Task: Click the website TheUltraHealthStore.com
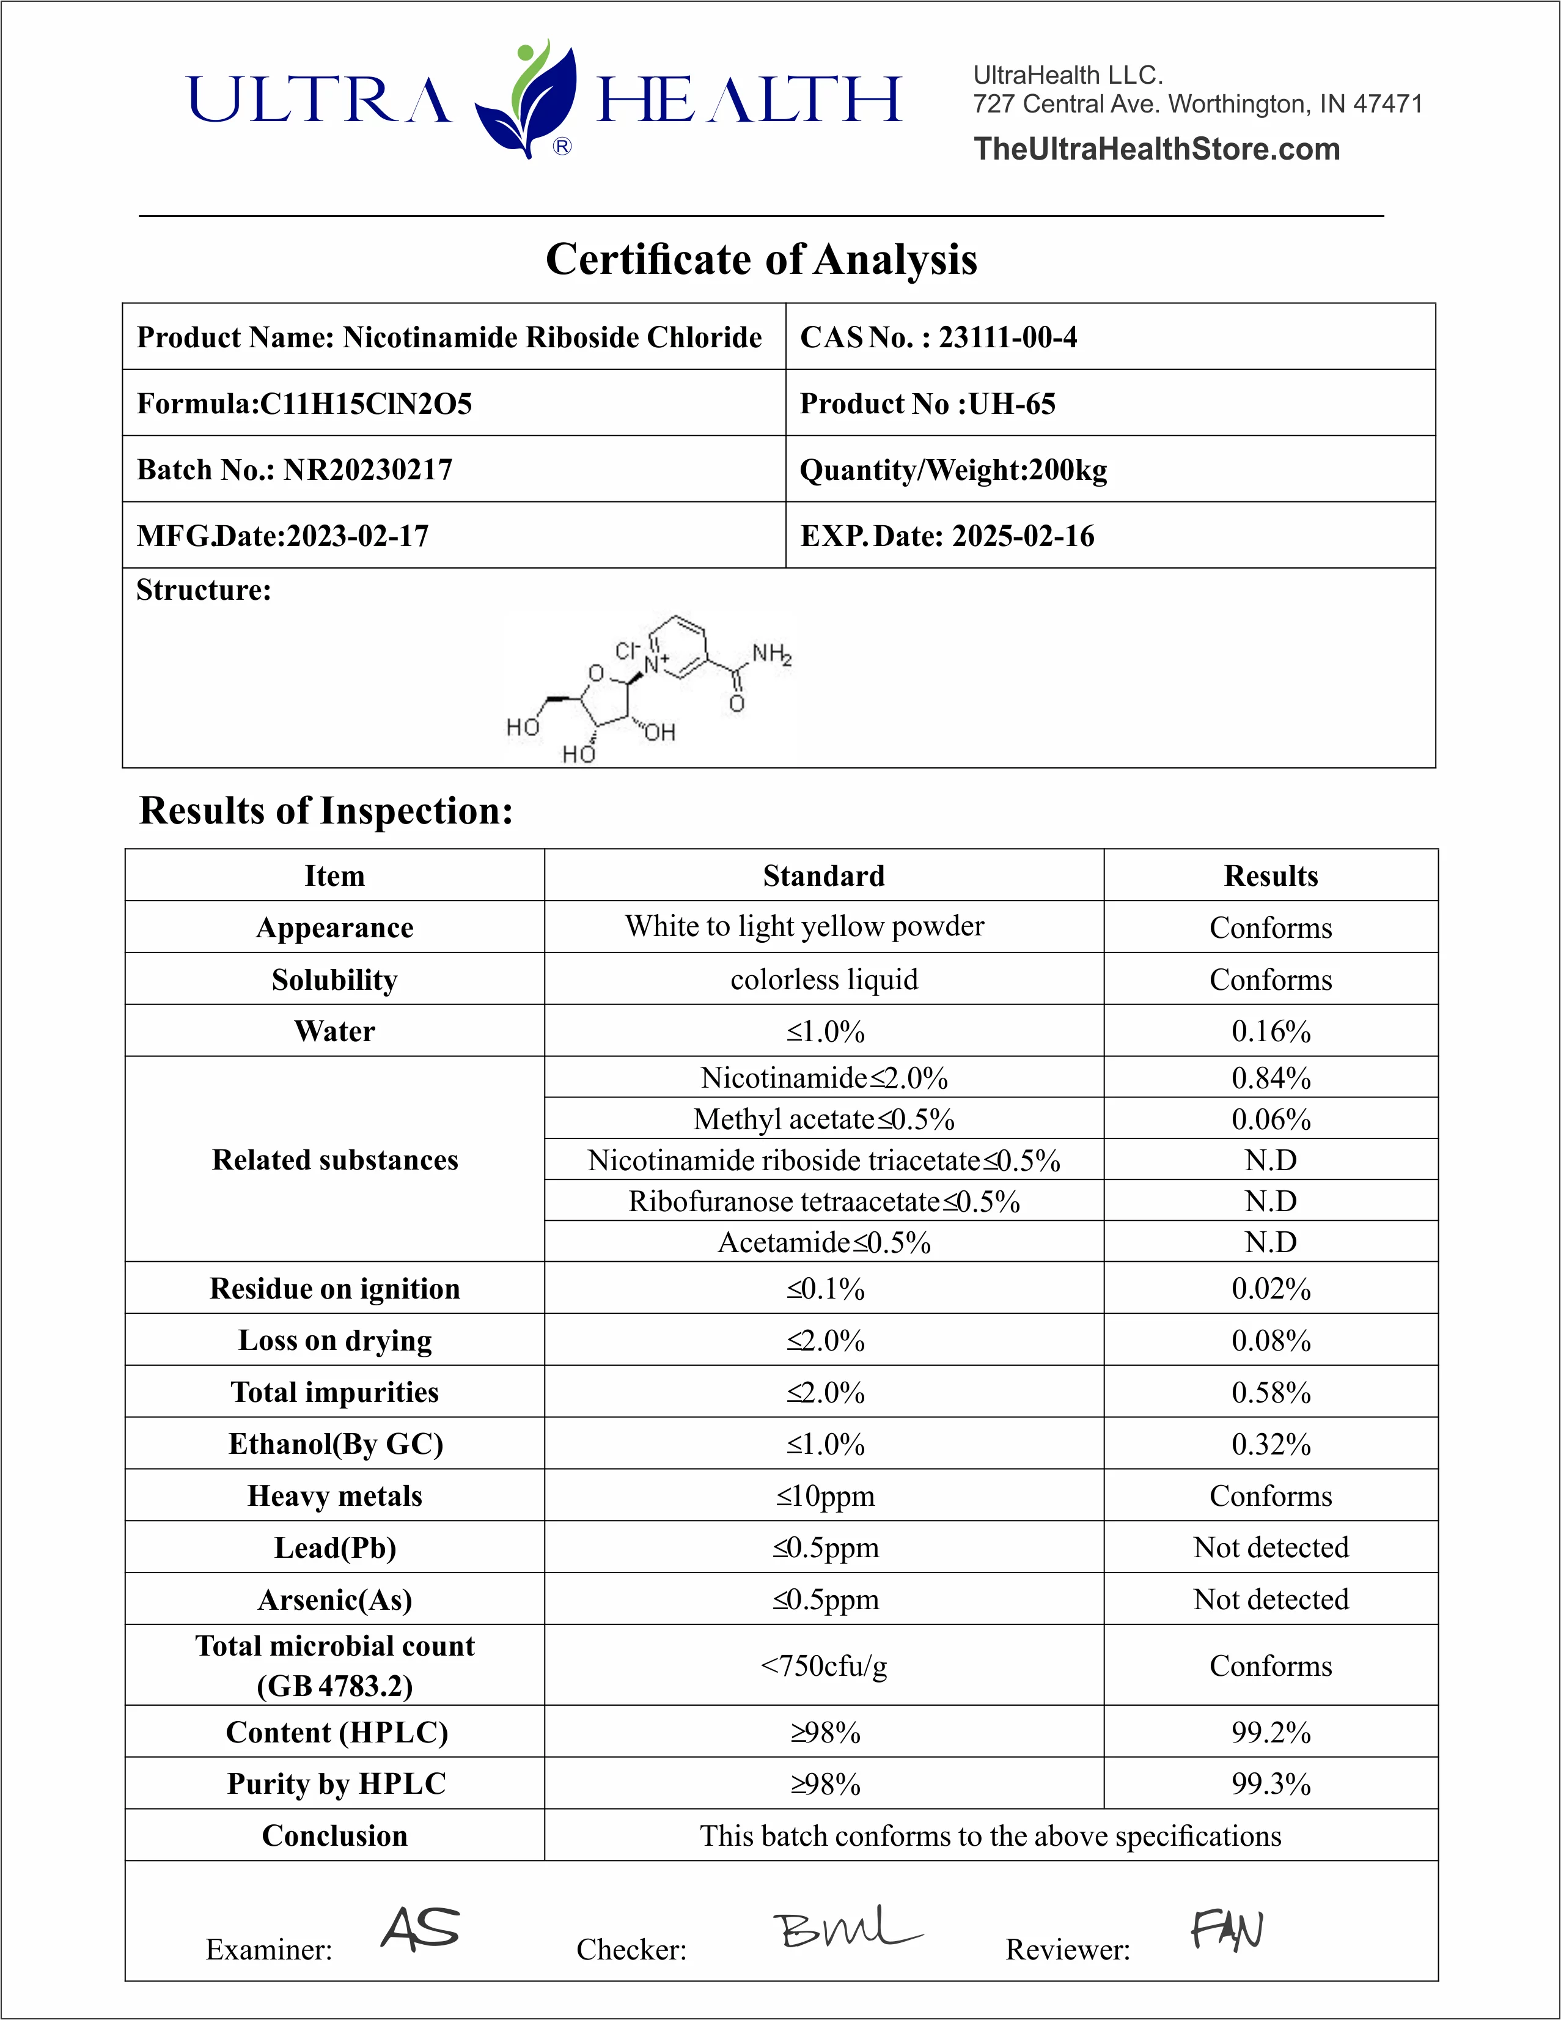[1156, 149]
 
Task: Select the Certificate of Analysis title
[761, 259]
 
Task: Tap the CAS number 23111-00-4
[1007, 337]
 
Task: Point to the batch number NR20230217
[368, 470]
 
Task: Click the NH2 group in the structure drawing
[771, 654]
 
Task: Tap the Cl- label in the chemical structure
[628, 651]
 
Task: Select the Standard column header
[823, 876]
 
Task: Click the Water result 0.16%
[1271, 1031]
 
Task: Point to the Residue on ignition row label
[335, 1288]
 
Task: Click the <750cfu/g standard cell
[823, 1666]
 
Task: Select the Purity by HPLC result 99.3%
[1271, 1784]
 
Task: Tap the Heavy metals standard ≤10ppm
[825, 1495]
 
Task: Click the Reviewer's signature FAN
[1227, 1930]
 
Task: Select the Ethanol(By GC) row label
[336, 1444]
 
